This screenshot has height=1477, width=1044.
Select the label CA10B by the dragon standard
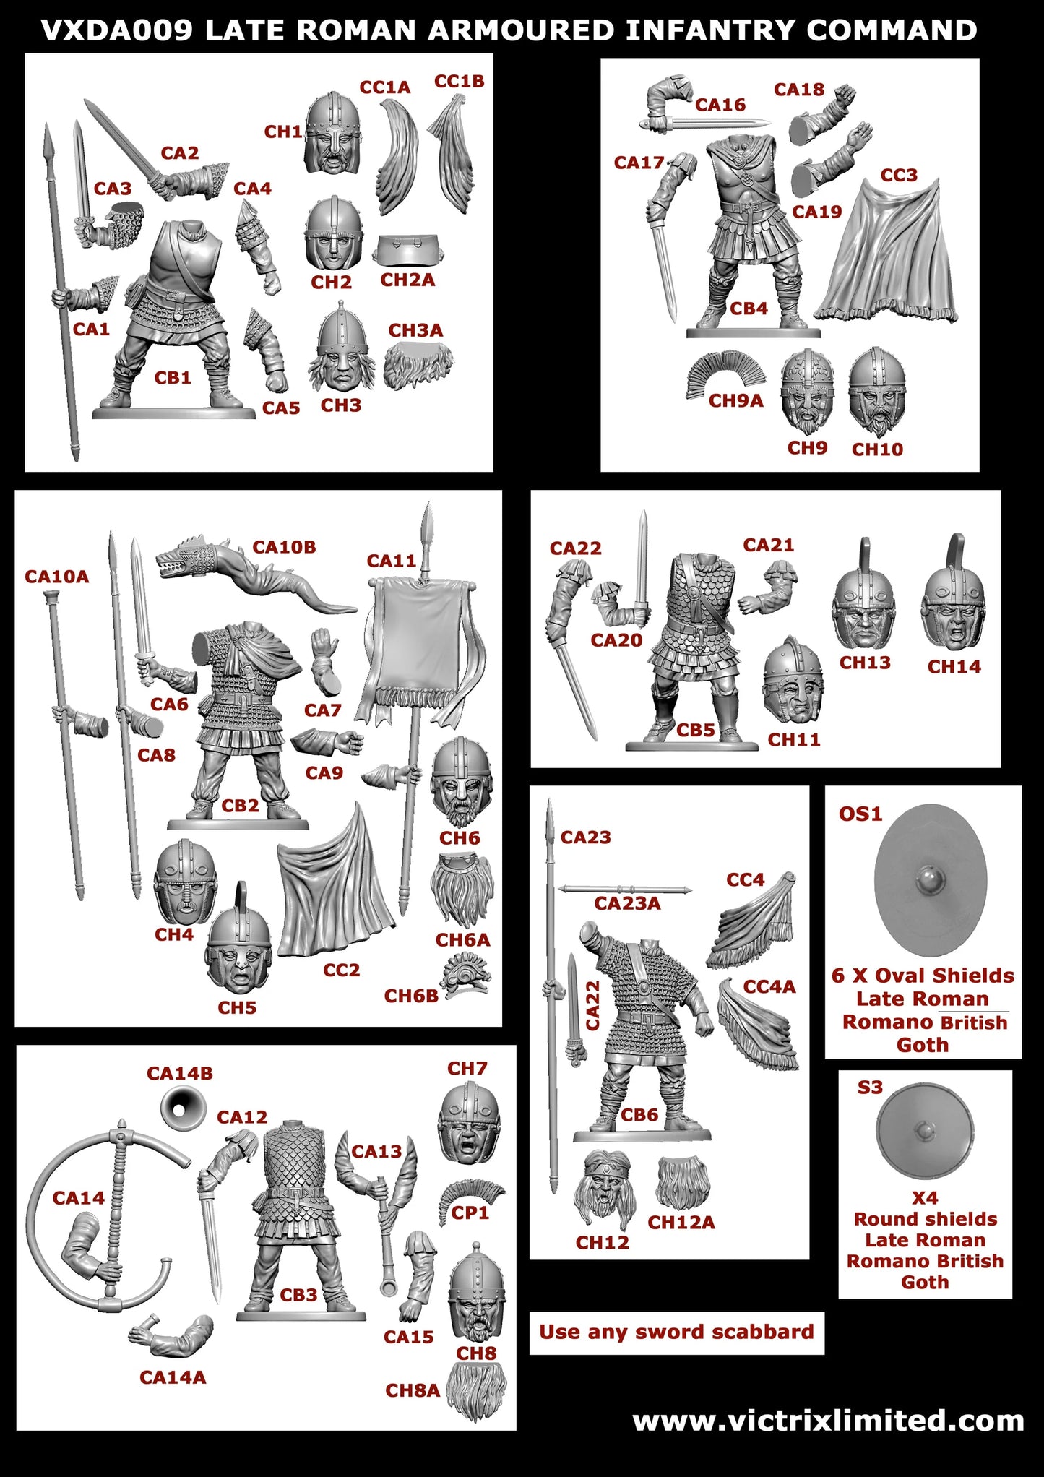click(x=284, y=547)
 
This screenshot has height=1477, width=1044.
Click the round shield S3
click(x=924, y=1131)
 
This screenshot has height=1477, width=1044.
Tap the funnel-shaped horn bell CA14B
click(x=178, y=1107)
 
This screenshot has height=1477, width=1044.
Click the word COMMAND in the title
click(x=892, y=30)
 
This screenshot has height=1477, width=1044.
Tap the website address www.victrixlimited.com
click(x=828, y=1421)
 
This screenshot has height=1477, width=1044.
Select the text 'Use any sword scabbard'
click(x=676, y=1332)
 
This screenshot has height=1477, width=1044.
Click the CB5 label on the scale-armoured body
click(x=695, y=730)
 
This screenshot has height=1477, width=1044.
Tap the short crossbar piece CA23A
click(x=626, y=890)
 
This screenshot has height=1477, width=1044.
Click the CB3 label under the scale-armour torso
click(x=298, y=1295)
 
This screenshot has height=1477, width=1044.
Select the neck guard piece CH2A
click(x=407, y=250)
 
